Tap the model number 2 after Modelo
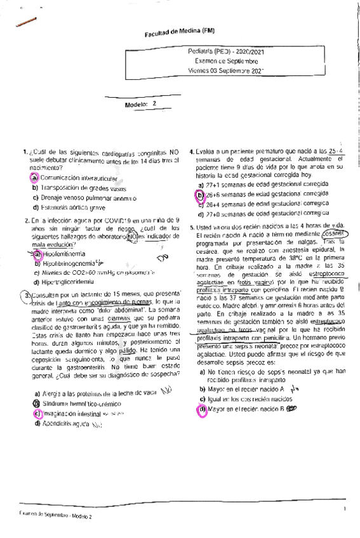[x=154, y=103]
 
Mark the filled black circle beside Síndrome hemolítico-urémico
[x=37, y=403]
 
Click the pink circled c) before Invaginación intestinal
[x=37, y=413]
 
